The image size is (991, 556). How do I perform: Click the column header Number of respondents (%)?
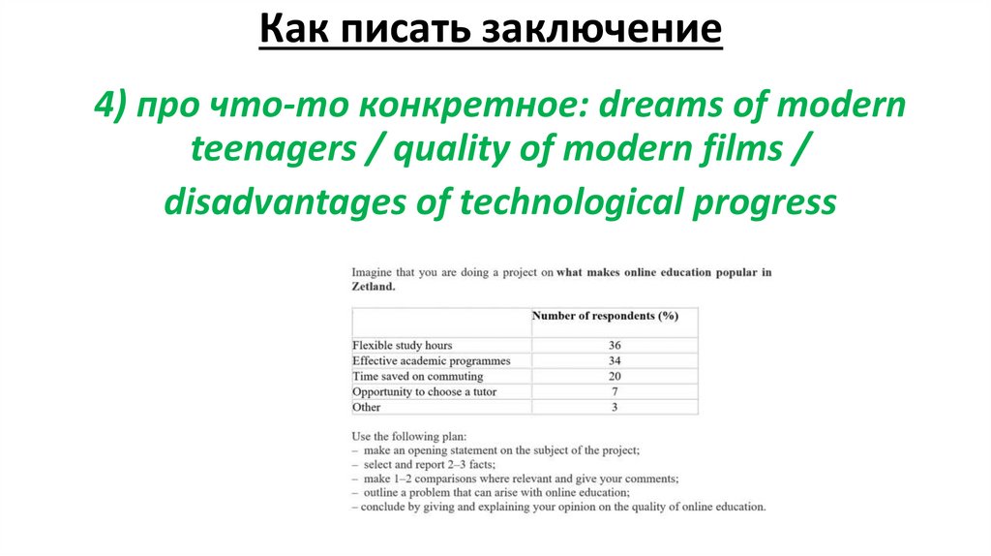click(605, 316)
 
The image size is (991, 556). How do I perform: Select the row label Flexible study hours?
click(402, 345)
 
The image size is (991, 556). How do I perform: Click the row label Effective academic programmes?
click(431, 360)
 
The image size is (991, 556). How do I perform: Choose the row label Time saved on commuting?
click(417, 376)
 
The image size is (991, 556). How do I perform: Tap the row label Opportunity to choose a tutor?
click(425, 391)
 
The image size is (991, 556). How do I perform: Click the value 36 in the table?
click(614, 345)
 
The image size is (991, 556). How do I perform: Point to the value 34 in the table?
click(614, 360)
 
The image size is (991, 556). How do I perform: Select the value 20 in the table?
click(614, 376)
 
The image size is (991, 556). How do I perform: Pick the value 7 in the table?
click(614, 391)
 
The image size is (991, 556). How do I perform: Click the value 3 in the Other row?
click(614, 407)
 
